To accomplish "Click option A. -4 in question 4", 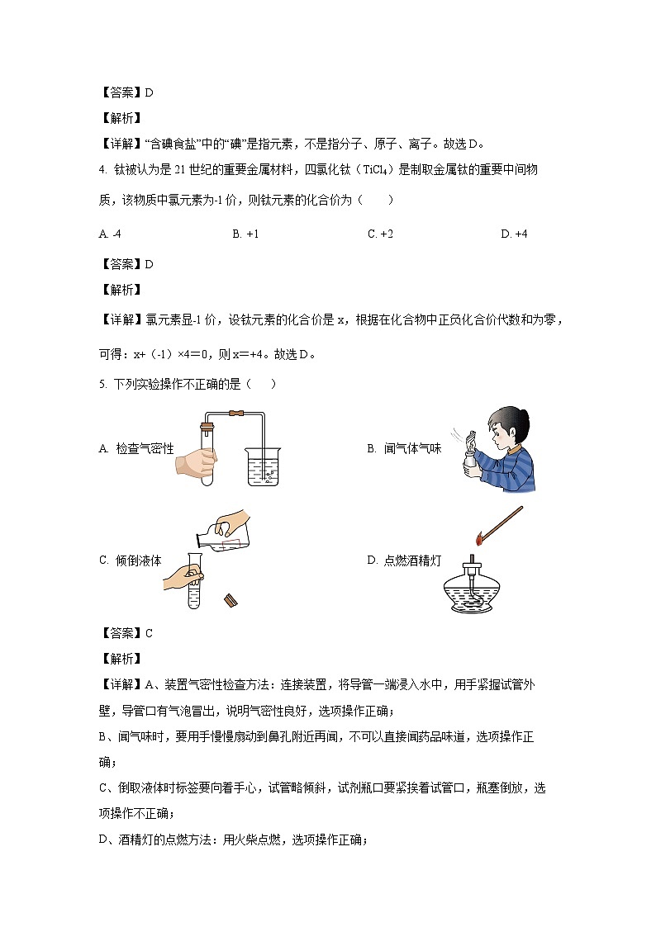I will (x=110, y=234).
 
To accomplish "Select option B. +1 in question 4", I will (x=246, y=234).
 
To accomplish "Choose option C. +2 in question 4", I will (x=380, y=234).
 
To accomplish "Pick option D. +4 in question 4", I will (x=514, y=234).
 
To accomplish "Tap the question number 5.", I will (x=102, y=384).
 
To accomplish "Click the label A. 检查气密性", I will (x=136, y=448).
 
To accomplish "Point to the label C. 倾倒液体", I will (x=131, y=560).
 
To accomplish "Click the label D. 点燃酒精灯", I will (x=404, y=560).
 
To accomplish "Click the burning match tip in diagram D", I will (x=478, y=541).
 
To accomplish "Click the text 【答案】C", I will (x=126, y=634).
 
